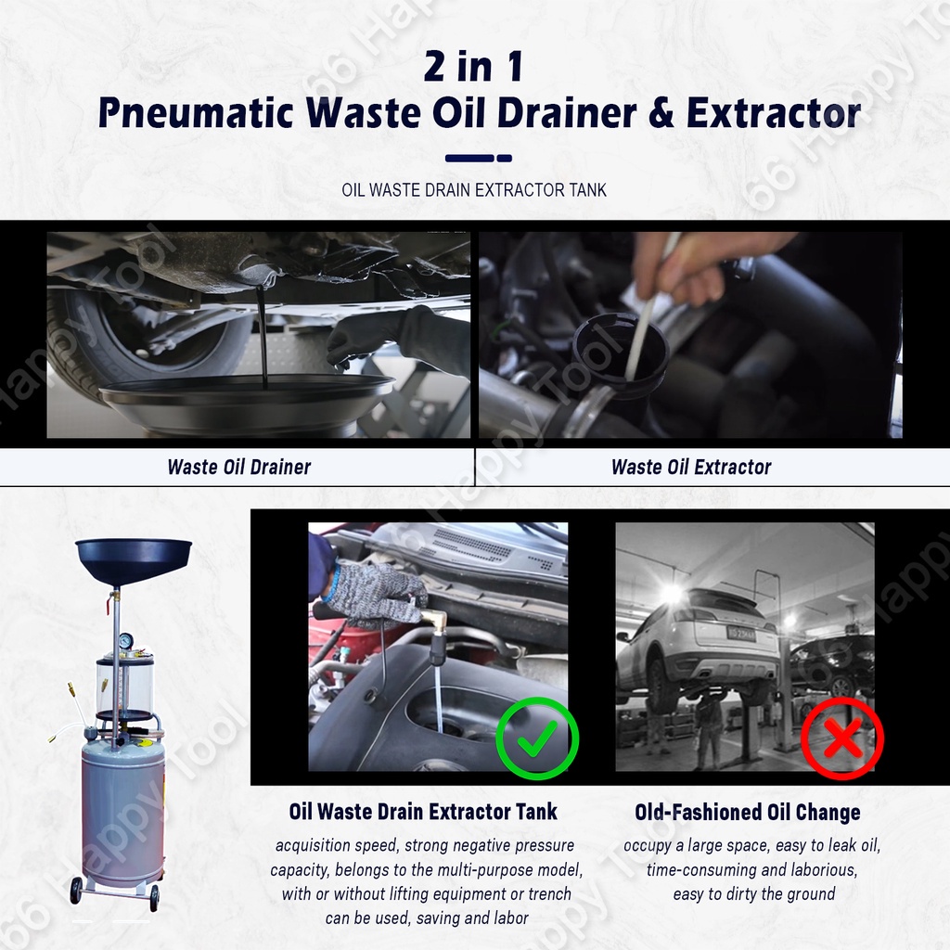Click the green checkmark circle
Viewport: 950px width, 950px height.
pyautogui.click(x=537, y=738)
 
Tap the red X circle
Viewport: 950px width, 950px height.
pyautogui.click(x=842, y=738)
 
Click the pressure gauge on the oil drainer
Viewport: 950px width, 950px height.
pyautogui.click(x=126, y=641)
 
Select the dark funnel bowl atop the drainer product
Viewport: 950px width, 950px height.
pyautogui.click(x=134, y=559)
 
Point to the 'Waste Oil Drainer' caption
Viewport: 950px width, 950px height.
pyautogui.click(x=239, y=468)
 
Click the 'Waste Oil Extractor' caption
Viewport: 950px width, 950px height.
pyautogui.click(x=691, y=468)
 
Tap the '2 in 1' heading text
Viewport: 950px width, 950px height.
pyautogui.click(x=473, y=66)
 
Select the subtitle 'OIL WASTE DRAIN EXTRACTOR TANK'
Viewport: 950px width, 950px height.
pyautogui.click(x=474, y=190)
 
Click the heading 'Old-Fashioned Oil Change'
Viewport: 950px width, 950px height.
pyautogui.click(x=748, y=812)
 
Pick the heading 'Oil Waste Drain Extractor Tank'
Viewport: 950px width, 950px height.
pyautogui.click(x=423, y=811)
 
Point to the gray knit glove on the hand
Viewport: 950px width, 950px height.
pyautogui.click(x=376, y=596)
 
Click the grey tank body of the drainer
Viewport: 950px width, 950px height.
pyautogui.click(x=123, y=812)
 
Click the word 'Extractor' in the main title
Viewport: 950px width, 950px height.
pyautogui.click(x=774, y=112)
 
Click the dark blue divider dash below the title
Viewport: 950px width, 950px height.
pyautogui.click(x=479, y=158)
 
